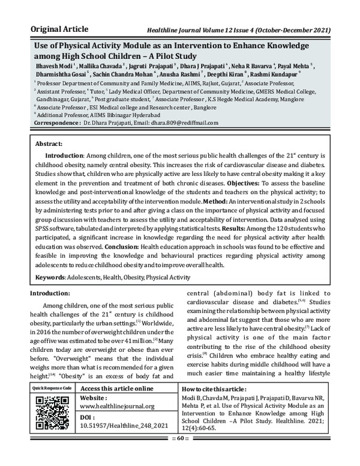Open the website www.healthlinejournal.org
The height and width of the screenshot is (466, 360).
(117, 406)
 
